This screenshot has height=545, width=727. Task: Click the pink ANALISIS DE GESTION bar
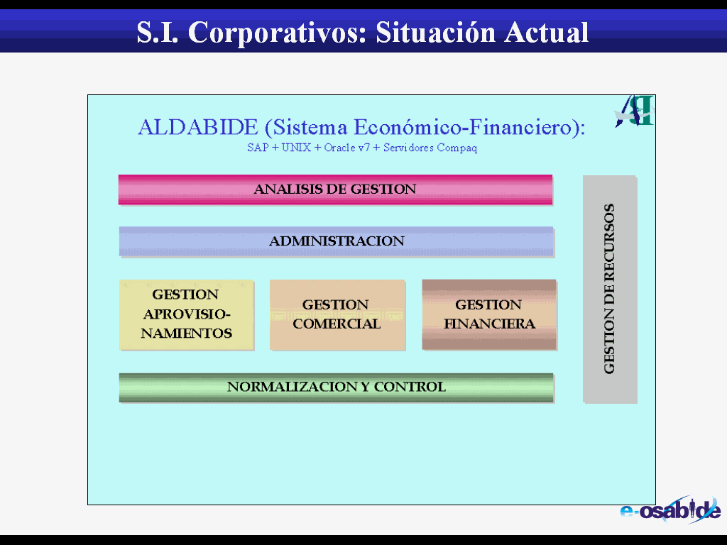335,189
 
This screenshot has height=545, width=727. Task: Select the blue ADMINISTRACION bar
337,241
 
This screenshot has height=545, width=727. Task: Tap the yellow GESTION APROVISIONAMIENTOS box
187,314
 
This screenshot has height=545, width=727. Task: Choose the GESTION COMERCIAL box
337,314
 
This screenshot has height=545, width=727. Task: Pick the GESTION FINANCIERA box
489,314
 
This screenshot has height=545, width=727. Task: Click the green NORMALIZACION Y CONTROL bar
336,387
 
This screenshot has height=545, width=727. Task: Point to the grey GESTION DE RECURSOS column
610,289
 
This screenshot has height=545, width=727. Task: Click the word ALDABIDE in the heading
198,128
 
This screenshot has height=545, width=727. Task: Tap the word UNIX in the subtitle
296,148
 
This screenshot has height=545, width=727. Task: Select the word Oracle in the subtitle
339,148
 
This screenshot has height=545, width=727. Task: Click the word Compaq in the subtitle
457,148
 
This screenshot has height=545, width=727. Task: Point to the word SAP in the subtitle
258,148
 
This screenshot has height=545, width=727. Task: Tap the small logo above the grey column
635,111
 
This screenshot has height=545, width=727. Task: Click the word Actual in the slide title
547,33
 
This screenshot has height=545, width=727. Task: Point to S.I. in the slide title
157,33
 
